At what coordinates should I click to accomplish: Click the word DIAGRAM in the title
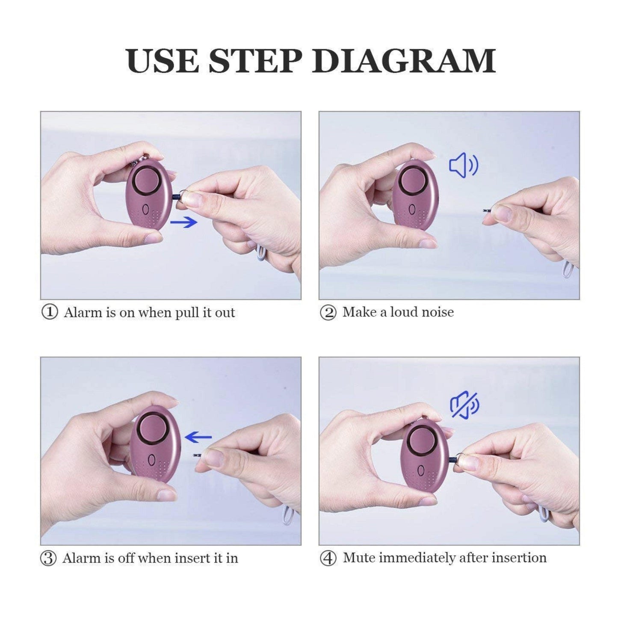point(404,61)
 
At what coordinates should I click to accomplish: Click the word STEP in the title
point(255,61)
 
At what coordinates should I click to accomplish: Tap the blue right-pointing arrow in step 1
point(184,222)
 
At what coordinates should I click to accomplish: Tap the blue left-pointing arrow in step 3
point(198,437)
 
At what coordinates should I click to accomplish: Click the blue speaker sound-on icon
point(464,165)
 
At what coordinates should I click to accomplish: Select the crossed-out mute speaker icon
point(465,405)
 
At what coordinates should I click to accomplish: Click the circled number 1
point(50,312)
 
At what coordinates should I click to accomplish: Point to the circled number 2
point(328,312)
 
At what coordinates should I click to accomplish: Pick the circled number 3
point(48,559)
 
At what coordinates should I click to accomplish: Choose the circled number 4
point(328,559)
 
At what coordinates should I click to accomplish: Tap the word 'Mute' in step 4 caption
point(359,558)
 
